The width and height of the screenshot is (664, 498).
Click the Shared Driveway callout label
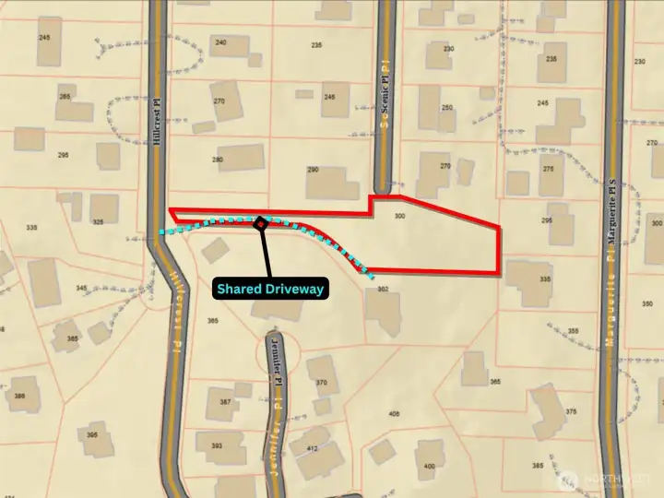(x=271, y=289)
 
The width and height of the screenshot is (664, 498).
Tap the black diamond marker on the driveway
(x=261, y=222)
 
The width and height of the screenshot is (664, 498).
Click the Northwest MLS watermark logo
(x=608, y=480)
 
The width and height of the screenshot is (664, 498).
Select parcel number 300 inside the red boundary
(x=398, y=216)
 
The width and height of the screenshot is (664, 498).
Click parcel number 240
(x=219, y=42)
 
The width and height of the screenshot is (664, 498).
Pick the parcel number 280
(x=218, y=160)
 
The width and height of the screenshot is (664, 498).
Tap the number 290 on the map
(x=313, y=170)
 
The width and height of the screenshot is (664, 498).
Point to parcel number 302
(x=384, y=289)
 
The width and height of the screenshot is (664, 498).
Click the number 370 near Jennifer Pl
(x=321, y=382)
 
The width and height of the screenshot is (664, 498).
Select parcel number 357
(x=226, y=402)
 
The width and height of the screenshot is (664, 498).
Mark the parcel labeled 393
(x=217, y=445)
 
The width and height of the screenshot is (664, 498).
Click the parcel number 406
(x=395, y=414)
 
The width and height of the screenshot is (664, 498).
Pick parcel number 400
(x=428, y=467)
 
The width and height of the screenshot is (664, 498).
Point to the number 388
(x=19, y=395)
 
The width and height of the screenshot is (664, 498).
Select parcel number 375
(x=571, y=411)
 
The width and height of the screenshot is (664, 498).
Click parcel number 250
(x=447, y=107)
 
